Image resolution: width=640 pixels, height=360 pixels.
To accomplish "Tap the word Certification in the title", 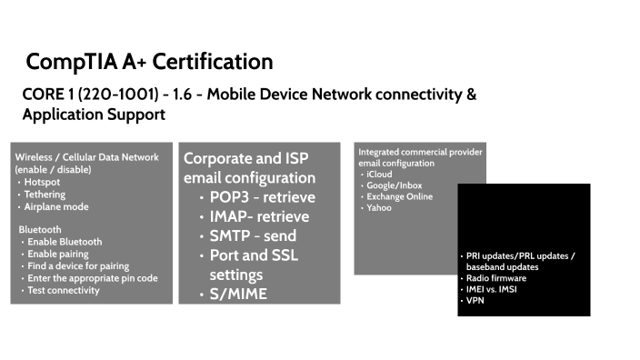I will click(212, 62).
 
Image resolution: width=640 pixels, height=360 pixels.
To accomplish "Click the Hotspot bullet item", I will click(42, 182).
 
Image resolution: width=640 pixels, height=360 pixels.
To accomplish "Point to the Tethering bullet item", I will click(45, 194).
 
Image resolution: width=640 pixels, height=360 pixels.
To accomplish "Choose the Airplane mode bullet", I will click(55, 206).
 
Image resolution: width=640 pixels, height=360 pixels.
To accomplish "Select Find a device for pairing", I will click(77, 265).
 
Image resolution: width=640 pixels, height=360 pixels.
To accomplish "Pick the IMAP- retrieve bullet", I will click(259, 216).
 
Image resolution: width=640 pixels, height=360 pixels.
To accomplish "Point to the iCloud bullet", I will click(380, 174).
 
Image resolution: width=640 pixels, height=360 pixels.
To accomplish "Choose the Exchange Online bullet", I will click(399, 196).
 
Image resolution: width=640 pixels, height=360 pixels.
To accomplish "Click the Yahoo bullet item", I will click(378, 207).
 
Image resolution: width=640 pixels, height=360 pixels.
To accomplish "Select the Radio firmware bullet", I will click(496, 278).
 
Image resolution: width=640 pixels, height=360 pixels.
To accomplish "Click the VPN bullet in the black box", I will click(475, 300).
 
